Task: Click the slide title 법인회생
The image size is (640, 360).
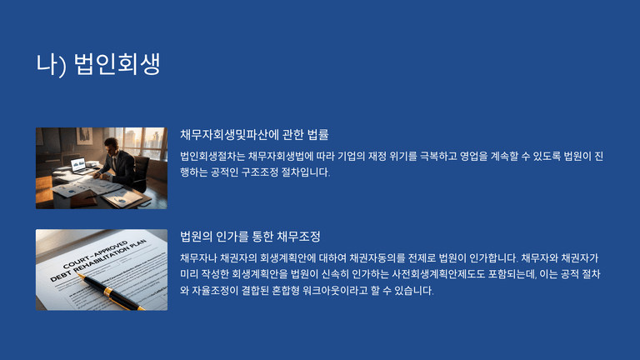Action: tap(117, 64)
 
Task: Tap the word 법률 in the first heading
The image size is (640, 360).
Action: tap(317, 135)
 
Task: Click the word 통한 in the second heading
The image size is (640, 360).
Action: tap(262, 237)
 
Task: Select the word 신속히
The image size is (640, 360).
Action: tap(335, 274)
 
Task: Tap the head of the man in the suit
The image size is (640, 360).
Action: tap(111, 144)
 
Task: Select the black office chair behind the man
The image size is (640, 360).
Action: tap(139, 173)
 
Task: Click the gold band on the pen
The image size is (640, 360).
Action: tap(107, 292)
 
